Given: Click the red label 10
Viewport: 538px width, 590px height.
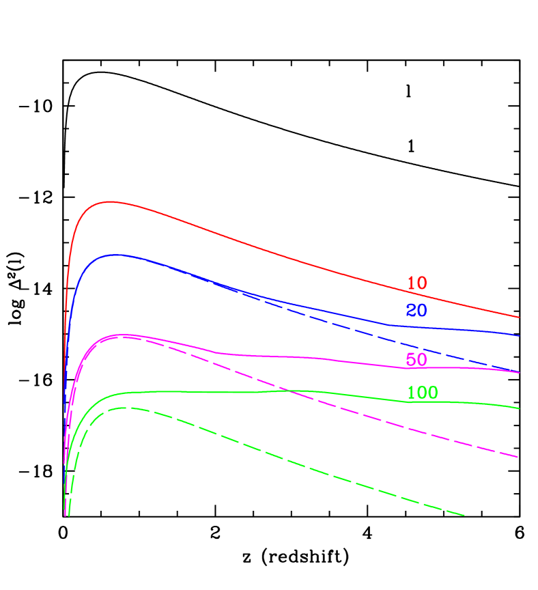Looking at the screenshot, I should click(416, 283).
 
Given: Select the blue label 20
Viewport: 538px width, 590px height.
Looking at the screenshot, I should click(416, 311).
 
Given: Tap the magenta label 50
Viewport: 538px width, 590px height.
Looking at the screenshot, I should click(416, 360).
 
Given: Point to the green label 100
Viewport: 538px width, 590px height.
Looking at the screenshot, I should click(422, 393).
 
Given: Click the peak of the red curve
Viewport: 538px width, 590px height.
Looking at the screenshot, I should click(110, 201).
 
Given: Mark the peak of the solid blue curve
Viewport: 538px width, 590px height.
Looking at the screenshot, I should click(116, 255).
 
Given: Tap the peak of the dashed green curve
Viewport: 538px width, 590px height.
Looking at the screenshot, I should click(126, 408).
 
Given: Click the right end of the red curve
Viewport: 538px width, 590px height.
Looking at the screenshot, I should click(520, 318).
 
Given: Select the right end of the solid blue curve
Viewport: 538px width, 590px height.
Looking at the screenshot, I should click(520, 336).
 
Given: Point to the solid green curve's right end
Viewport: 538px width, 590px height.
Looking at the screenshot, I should click(520, 408).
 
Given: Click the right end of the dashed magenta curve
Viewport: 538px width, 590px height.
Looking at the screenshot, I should click(520, 458).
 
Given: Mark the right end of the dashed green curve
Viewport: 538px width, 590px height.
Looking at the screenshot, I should click(465, 516).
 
